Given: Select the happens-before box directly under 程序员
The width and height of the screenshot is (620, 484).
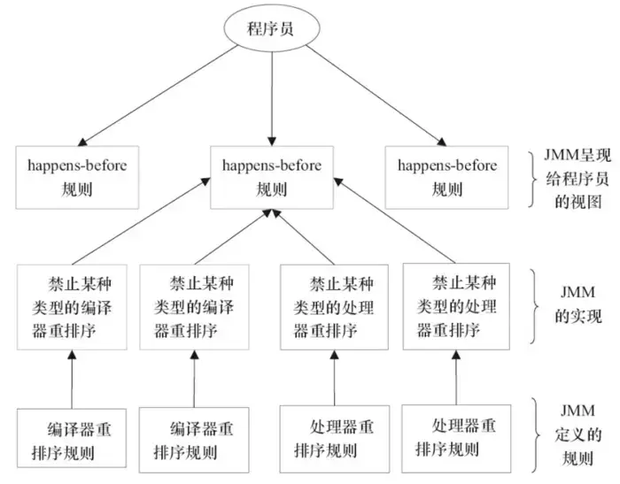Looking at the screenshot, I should tap(272, 177).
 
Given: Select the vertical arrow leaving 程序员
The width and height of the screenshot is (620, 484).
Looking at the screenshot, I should tap(273, 97).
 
